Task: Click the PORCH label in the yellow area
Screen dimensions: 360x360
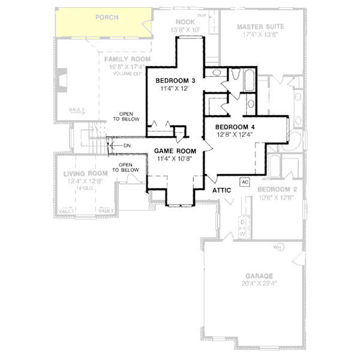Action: pos(107,17)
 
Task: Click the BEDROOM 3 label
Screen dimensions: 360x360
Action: pos(176,80)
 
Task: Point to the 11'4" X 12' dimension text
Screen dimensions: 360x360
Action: pos(175,88)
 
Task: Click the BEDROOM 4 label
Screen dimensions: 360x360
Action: pos(235,127)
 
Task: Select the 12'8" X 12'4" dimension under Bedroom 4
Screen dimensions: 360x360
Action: pos(235,134)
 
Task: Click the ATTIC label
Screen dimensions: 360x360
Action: pos(223,190)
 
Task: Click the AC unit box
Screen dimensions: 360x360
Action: pos(245,181)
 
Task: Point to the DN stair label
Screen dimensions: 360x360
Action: pos(127,146)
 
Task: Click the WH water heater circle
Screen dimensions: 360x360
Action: pos(278,247)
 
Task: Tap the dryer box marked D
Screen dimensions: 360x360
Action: pos(242,222)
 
